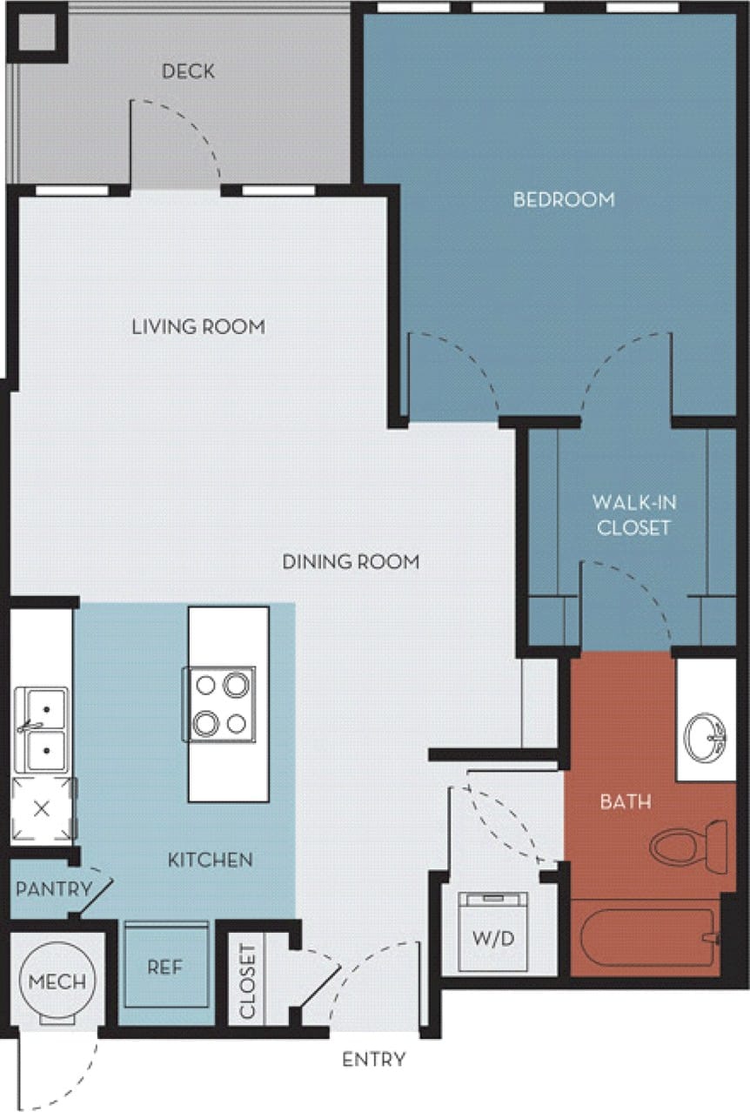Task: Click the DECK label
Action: [188, 71]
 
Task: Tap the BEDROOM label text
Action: [563, 199]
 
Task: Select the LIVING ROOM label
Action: [198, 327]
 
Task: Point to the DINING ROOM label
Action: [351, 562]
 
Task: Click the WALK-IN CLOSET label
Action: [634, 514]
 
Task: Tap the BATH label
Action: [626, 801]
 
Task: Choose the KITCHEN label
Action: [211, 860]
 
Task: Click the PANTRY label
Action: [54, 889]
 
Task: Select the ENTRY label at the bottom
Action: [373, 1060]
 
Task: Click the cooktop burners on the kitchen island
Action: [220, 704]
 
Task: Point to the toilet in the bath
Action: [687, 846]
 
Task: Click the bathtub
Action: [647, 938]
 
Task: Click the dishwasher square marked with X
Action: [41, 808]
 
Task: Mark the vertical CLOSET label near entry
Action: [248, 981]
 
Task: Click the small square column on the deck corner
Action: [36, 33]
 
